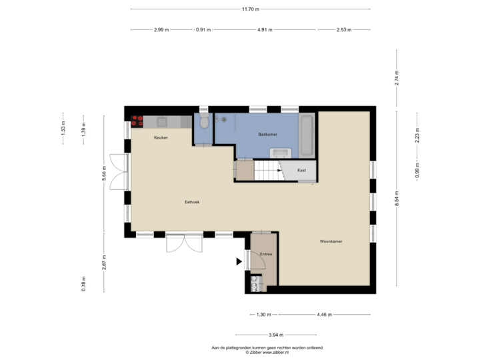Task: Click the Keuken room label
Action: [x=161, y=138]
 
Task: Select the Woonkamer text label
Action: [x=331, y=241]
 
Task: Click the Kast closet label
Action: [x=301, y=170]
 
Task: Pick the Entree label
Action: [x=266, y=255]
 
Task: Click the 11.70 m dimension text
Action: [x=250, y=9]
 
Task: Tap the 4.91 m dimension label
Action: [x=265, y=30]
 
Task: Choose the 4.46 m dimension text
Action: [x=325, y=314]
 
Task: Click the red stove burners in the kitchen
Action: [x=137, y=121]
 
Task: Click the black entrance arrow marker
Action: [x=239, y=262]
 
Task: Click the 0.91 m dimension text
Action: [x=203, y=30]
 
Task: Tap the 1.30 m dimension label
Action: [x=264, y=314]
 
